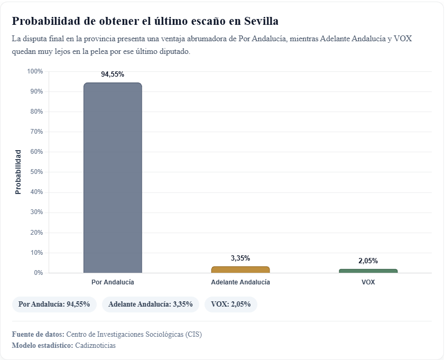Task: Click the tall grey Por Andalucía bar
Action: pos(113,178)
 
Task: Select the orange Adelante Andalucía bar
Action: pos(240,270)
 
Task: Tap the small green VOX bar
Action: pos(368,271)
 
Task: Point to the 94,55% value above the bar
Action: pos(113,75)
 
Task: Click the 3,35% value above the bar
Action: pos(240,259)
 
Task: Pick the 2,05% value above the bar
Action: pos(368,261)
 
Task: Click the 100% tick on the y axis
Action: pos(35,71)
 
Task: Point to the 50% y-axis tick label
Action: pos(36,172)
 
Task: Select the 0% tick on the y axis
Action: pos(38,273)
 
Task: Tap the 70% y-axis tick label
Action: pos(36,132)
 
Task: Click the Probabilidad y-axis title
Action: pos(18,172)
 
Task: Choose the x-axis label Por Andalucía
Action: pos(113,282)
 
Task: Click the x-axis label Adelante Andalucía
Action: pos(240,282)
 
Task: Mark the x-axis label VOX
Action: pos(368,282)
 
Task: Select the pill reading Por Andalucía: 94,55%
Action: pos(54,304)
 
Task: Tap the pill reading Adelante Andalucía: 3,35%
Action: pos(150,304)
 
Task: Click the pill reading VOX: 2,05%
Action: pos(230,304)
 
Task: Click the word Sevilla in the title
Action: pos(260,21)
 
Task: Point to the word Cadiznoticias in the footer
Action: pos(95,346)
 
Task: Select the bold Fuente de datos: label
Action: pos(38,335)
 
